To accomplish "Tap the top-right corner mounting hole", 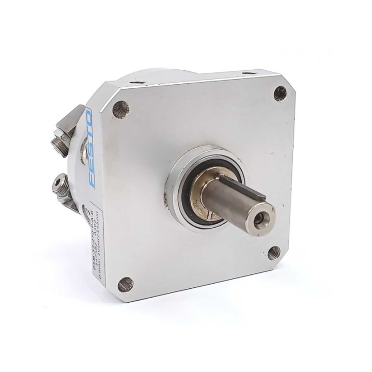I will pyautogui.click(x=280, y=93).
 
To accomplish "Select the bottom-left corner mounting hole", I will pyautogui.click(x=125, y=284).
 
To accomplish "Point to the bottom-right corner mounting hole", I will pyautogui.click(x=274, y=253).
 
